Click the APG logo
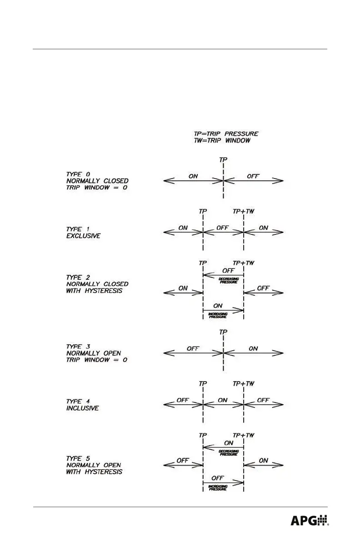tap(310, 520)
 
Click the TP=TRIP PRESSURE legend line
tap(223, 134)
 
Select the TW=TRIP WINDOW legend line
tap(219, 141)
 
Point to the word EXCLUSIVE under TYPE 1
tap(83, 236)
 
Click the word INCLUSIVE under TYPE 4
tap(82, 408)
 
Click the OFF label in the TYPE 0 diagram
tap(253, 176)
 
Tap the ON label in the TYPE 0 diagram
tap(193, 176)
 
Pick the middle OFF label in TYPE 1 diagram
tap(222, 228)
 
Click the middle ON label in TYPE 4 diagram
tap(222, 400)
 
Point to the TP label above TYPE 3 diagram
tap(223, 332)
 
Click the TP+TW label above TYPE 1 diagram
tap(244, 211)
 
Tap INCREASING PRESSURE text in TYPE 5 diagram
tap(218, 487)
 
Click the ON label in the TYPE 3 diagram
tap(253, 349)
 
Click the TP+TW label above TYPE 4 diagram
tap(244, 384)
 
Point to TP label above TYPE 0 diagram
tap(223, 160)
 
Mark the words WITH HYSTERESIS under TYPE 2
tap(94, 290)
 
